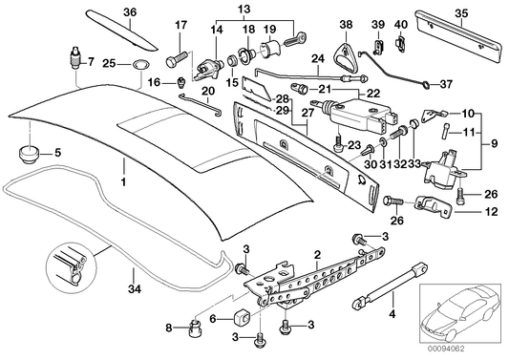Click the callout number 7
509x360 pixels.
[91, 63]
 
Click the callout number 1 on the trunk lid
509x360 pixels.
[122, 180]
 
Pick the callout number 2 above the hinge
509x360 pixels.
[315, 254]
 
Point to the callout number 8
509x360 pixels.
[169, 329]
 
